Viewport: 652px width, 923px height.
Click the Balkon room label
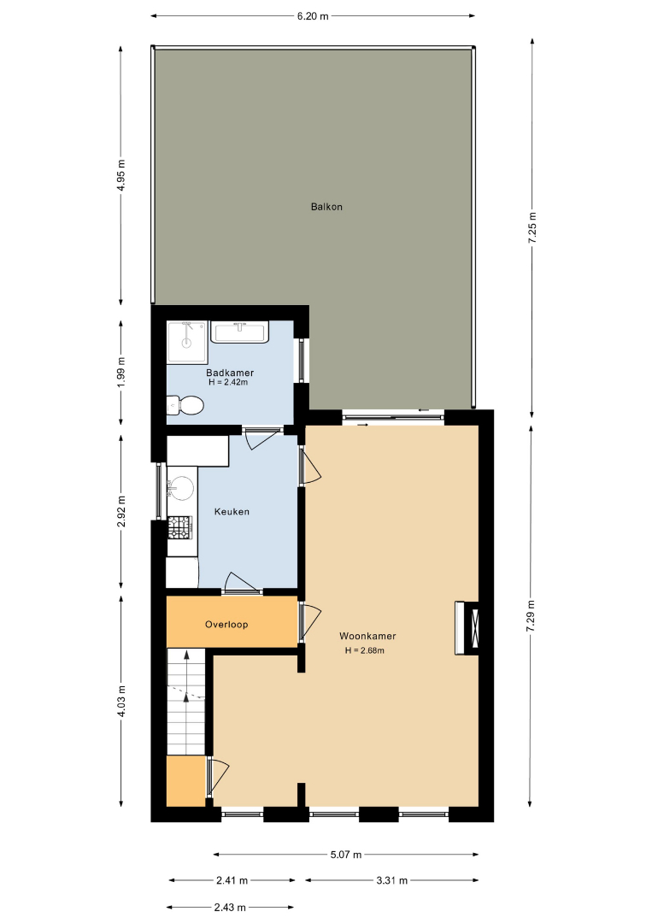326,207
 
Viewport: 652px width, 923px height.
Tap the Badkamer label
230,373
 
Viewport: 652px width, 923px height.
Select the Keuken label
232,512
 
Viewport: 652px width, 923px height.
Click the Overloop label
226,625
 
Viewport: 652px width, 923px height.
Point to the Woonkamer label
367,636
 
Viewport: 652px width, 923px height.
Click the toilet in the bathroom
185,405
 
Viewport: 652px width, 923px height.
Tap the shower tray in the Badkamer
187,342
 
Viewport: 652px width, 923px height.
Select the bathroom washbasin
240,332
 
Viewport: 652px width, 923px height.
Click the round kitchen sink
181,488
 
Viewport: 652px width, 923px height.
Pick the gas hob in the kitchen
180,527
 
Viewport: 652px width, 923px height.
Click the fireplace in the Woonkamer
467,627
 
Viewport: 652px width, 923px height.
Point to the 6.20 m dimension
313,16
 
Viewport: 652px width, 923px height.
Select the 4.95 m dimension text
120,175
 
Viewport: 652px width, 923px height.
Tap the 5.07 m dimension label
346,854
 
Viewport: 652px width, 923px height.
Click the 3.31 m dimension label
392,880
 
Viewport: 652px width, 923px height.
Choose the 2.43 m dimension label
230,907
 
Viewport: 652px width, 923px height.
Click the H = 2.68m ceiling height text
365,650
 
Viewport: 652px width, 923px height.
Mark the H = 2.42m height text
228,382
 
